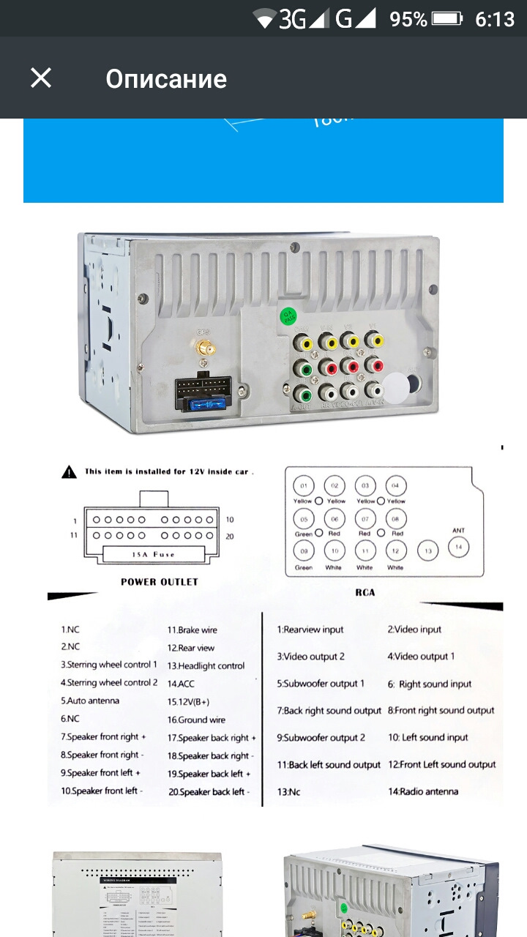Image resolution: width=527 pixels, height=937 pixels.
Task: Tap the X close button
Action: (41, 78)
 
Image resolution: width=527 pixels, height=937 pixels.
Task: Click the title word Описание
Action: (166, 79)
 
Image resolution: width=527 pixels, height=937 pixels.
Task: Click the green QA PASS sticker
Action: (290, 316)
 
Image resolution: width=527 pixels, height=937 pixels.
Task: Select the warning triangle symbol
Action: (69, 472)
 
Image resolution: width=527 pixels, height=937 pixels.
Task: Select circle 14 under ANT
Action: (459, 547)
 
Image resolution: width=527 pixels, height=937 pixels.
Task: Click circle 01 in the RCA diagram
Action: (303, 486)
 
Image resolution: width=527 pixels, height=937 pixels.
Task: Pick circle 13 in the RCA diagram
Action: (427, 550)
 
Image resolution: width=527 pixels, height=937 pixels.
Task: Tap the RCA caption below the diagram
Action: (365, 592)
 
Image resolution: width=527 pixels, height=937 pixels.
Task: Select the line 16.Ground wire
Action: (196, 720)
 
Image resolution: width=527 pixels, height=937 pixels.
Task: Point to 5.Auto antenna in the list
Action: (90, 701)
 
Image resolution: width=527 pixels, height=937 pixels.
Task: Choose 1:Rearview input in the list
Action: (310, 630)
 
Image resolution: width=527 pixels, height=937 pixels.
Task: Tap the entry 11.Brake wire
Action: (193, 630)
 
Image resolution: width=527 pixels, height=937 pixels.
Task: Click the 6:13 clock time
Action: (495, 19)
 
